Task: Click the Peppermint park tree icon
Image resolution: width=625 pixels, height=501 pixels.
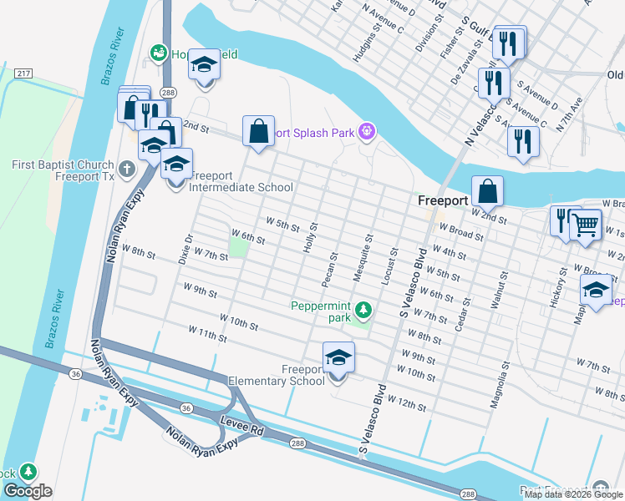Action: click(x=363, y=311)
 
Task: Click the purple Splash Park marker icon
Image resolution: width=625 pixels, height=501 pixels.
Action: click(x=365, y=131)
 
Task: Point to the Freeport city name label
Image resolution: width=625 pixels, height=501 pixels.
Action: click(x=442, y=202)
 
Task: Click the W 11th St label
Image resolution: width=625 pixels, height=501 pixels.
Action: click(x=207, y=336)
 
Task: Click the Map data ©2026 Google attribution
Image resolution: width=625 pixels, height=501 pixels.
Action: click(x=573, y=494)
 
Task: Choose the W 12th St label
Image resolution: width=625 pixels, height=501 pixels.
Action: click(x=407, y=404)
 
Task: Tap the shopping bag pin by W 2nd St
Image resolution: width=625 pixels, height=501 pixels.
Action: click(x=487, y=191)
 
